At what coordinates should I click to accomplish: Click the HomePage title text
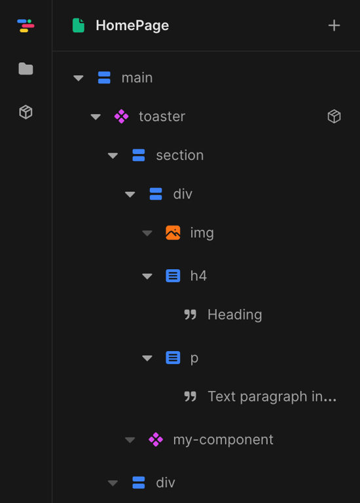132,26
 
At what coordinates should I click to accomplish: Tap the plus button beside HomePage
334,26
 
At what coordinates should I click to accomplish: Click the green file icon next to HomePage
79,26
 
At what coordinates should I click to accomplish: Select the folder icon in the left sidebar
26,69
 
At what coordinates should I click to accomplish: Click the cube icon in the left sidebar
26,112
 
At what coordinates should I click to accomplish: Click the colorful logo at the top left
26,26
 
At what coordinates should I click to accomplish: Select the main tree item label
137,78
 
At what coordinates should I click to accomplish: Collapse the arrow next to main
79,78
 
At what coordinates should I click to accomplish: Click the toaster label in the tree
162,117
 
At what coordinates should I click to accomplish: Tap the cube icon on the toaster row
334,116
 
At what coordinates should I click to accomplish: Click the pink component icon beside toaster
122,117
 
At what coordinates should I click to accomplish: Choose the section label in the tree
180,155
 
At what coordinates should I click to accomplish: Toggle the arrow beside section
113,156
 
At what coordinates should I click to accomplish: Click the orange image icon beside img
173,233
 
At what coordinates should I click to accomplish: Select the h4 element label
198,276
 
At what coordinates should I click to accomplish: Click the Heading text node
235,314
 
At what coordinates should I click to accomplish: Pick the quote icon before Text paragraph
190,396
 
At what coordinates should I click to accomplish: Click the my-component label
223,439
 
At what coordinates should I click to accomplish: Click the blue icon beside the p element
173,358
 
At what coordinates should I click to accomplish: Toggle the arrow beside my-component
130,440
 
